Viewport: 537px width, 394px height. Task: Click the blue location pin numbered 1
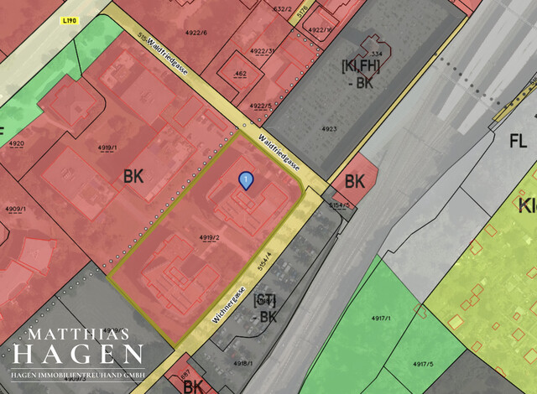click(245, 179)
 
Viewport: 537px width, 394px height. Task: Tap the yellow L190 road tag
click(70, 20)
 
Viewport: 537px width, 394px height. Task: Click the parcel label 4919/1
click(107, 148)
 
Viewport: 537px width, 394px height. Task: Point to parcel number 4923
click(328, 129)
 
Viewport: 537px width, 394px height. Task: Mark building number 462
click(240, 74)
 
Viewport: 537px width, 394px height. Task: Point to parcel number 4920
click(15, 143)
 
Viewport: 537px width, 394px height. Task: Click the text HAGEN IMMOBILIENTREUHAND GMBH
click(78, 373)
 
